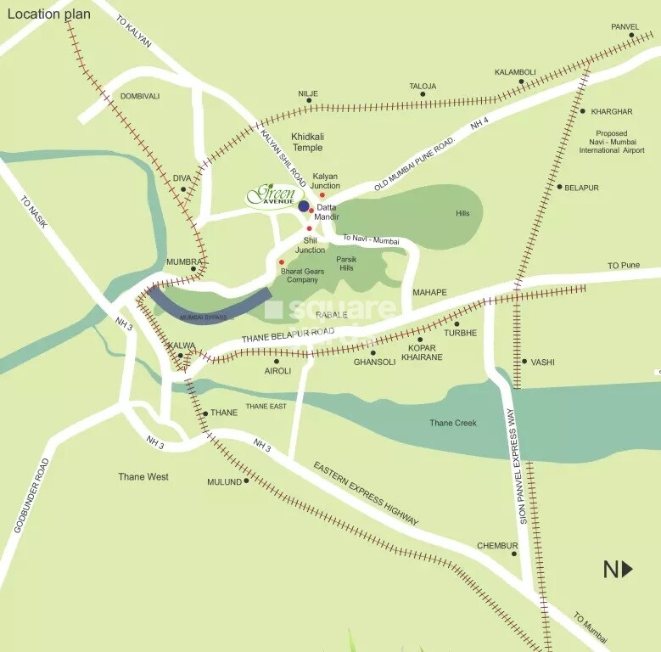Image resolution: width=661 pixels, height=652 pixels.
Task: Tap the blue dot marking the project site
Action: pyautogui.click(x=303, y=206)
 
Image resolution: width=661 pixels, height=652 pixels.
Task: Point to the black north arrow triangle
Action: pyautogui.click(x=627, y=569)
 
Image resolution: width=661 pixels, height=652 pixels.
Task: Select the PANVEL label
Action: pyautogui.click(x=625, y=27)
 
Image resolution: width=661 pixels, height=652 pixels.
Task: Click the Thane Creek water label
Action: pyautogui.click(x=452, y=423)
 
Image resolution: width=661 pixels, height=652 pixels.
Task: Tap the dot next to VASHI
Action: pyautogui.click(x=524, y=362)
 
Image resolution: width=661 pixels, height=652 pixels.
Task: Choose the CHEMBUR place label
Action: pyautogui.click(x=496, y=546)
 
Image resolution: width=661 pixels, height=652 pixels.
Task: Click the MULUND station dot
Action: pyautogui.click(x=246, y=481)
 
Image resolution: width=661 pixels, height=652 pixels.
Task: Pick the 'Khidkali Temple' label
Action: pyautogui.click(x=307, y=142)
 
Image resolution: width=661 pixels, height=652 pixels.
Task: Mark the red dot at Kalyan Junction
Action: pyautogui.click(x=322, y=195)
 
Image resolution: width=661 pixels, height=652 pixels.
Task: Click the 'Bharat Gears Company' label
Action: pyautogui.click(x=303, y=274)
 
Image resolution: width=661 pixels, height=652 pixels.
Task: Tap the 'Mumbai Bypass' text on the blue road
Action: pyautogui.click(x=204, y=317)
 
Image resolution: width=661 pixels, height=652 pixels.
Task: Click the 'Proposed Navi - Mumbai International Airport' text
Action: pyautogui.click(x=611, y=142)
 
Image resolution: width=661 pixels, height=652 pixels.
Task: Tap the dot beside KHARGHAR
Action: pyautogui.click(x=582, y=111)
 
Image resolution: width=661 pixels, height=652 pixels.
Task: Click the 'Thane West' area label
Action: pyautogui.click(x=143, y=477)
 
